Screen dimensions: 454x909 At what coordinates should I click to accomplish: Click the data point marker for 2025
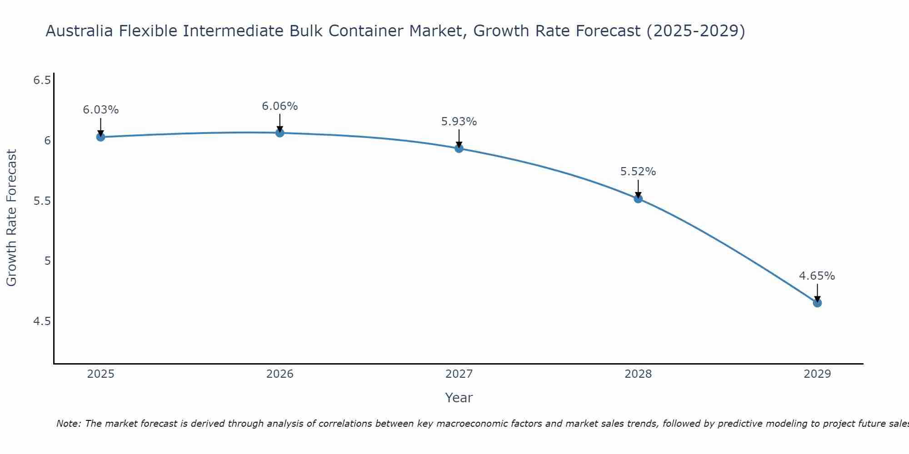tap(101, 137)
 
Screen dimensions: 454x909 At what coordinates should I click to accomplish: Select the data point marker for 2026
tap(280, 133)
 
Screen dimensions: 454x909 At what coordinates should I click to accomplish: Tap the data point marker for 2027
tap(459, 148)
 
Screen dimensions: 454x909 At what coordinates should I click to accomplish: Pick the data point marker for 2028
tap(638, 198)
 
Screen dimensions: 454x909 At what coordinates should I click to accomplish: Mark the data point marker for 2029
tap(817, 303)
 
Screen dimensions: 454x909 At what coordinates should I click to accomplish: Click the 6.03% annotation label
tap(101, 110)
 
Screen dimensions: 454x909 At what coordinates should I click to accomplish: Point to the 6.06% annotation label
tap(280, 106)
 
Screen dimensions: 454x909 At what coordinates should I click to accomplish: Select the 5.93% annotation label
tap(459, 122)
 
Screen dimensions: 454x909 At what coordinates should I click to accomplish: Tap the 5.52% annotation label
tap(638, 172)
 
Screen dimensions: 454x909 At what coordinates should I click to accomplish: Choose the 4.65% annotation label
tap(817, 276)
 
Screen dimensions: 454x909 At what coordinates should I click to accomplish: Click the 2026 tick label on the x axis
tap(280, 374)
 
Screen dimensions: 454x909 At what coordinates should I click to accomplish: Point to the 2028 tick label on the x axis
tap(638, 374)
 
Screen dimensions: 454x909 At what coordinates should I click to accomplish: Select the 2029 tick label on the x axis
tap(817, 374)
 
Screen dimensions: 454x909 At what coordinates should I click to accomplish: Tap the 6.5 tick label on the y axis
tap(42, 80)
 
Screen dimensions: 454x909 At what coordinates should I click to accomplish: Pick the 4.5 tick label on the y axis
tap(42, 321)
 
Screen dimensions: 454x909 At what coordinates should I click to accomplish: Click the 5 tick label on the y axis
tap(47, 261)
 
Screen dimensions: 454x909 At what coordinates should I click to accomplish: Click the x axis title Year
tap(459, 398)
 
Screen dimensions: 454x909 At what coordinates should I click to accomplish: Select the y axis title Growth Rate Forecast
tap(11, 218)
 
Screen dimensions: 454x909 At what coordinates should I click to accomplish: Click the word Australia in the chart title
tap(80, 31)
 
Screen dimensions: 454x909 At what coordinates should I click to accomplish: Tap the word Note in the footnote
tap(68, 424)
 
